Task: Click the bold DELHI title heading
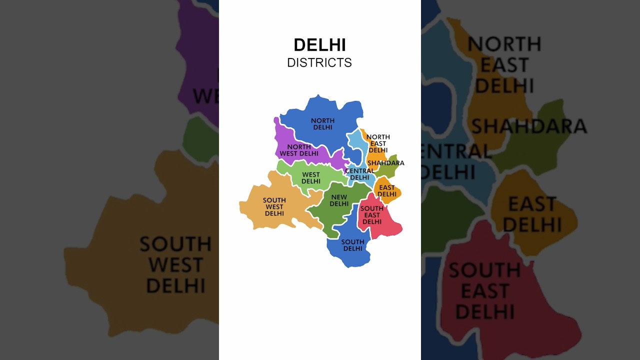(x=319, y=45)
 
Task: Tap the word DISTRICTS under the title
(x=319, y=63)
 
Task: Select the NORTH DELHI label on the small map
(x=322, y=124)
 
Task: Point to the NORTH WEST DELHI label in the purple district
(x=299, y=150)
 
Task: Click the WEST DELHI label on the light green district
(x=311, y=178)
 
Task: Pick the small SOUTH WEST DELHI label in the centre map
(x=274, y=207)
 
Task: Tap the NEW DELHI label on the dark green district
(x=339, y=200)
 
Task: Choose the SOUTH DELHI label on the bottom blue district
(x=352, y=245)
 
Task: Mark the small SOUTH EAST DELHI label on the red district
(x=371, y=215)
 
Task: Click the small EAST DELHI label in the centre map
(x=386, y=191)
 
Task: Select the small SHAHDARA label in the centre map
(x=385, y=163)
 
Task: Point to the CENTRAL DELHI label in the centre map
(x=359, y=174)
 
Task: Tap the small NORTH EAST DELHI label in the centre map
(x=378, y=143)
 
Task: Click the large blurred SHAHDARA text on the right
(x=529, y=126)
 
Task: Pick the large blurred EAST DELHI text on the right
(x=532, y=214)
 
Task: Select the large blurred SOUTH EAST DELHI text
(x=484, y=290)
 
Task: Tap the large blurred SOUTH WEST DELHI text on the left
(x=175, y=264)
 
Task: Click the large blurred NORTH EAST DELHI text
(x=504, y=65)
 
